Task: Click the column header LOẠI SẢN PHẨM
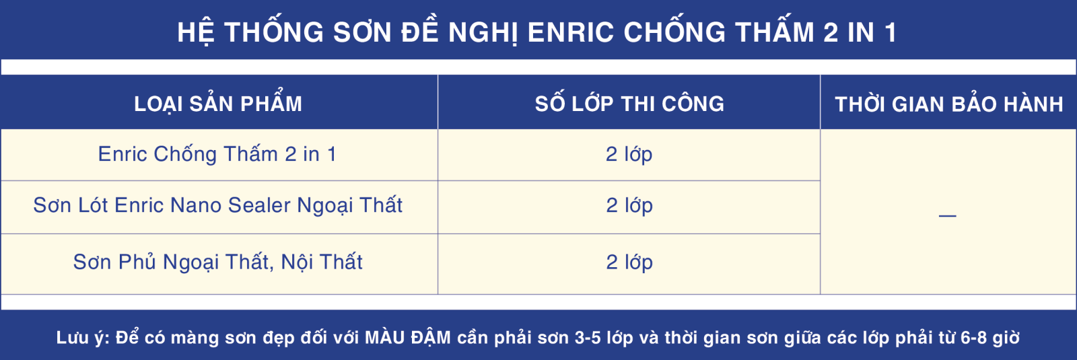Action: coord(218,104)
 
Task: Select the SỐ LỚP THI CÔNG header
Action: coord(629,104)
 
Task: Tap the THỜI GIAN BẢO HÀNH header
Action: coord(949,104)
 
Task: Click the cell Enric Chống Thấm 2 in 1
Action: coord(217,154)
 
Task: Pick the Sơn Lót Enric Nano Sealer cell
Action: coord(218,205)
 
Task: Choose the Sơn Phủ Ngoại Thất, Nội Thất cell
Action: coord(218,262)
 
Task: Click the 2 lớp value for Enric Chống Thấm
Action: coord(629,154)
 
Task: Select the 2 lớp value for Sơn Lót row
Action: coord(629,205)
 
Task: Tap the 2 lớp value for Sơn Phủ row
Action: coord(629,262)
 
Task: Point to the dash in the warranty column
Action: coord(947,216)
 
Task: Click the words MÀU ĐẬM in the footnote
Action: coord(408,337)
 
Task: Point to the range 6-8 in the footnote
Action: coord(973,338)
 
